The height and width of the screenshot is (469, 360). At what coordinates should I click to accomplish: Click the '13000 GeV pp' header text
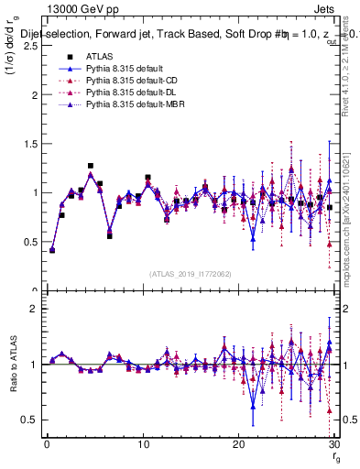pos(77,7)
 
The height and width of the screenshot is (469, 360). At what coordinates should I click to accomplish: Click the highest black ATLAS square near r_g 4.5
pos(90,167)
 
